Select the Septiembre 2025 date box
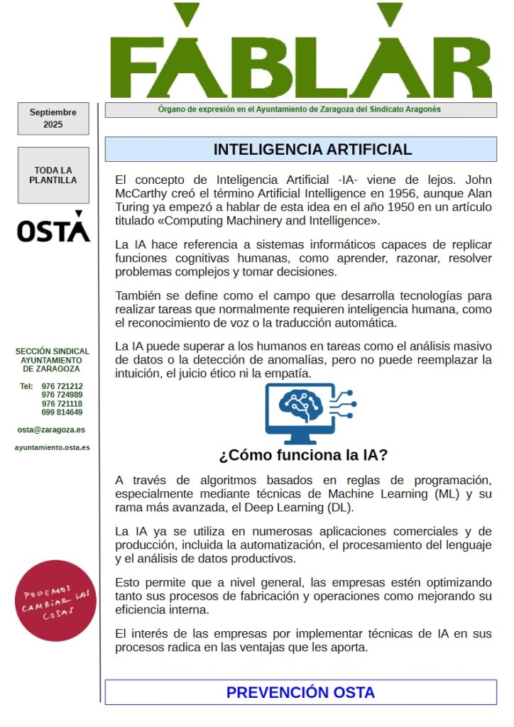click(x=53, y=119)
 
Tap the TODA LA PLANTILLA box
click(x=53, y=175)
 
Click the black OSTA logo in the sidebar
click(x=53, y=228)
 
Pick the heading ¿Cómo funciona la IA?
click(x=303, y=455)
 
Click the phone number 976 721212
click(x=62, y=386)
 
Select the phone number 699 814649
click(x=62, y=412)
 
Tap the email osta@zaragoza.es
click(x=51, y=430)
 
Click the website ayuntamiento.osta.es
click(x=52, y=448)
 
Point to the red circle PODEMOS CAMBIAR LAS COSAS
click(x=55, y=600)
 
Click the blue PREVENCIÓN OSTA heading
click(x=300, y=692)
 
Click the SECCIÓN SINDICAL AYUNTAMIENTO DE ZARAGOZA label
click(x=52, y=360)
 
